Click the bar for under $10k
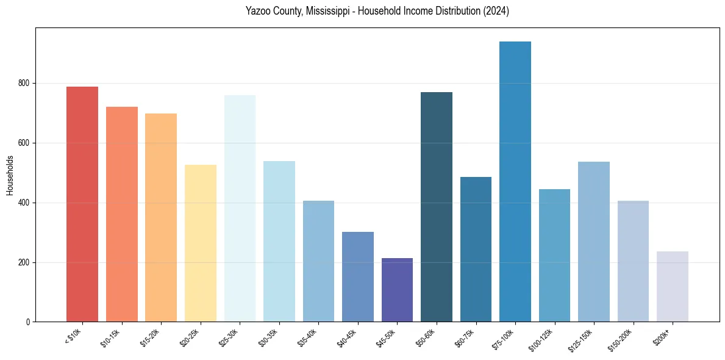pyautogui.click(x=82, y=204)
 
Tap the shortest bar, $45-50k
pyautogui.click(x=397, y=290)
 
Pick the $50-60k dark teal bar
pyautogui.click(x=437, y=207)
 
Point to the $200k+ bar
pyautogui.click(x=673, y=287)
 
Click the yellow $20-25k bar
pyautogui.click(x=201, y=243)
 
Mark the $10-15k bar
pyautogui.click(x=122, y=214)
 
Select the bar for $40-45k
pyautogui.click(x=358, y=277)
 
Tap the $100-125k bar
pyautogui.click(x=554, y=256)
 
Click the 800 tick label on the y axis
pyautogui.click(x=24, y=83)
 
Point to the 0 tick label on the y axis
pyautogui.click(x=28, y=322)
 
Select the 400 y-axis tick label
pyautogui.click(x=24, y=203)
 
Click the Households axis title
pyautogui.click(x=10, y=175)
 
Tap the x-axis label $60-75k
pyautogui.click(x=465, y=338)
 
